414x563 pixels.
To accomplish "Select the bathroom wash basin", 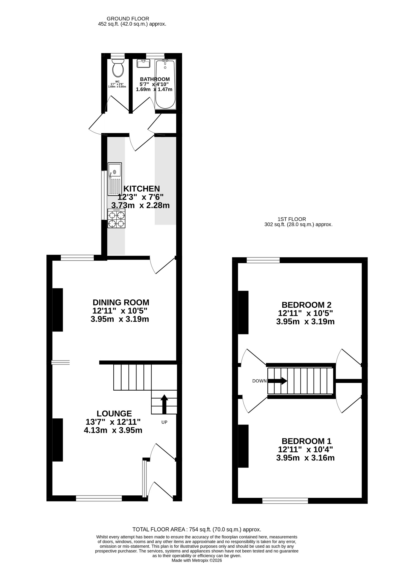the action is [x=143, y=64].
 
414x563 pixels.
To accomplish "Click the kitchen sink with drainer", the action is [x=115, y=179].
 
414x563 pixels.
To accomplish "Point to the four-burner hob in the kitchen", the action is [x=117, y=218].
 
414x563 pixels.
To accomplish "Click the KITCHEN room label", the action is [x=142, y=189].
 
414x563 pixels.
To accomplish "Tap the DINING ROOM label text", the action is [x=121, y=302].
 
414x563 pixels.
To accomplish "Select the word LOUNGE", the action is [x=114, y=413].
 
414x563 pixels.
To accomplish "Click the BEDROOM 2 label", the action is [x=306, y=305].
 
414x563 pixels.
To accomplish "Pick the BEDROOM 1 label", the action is [x=306, y=441].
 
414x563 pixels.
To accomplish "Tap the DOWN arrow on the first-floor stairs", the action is [x=277, y=381].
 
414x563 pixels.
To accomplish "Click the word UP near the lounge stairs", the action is [x=164, y=422].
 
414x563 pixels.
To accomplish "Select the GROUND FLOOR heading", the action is [x=128, y=19].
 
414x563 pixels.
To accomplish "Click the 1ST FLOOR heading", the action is [x=292, y=219].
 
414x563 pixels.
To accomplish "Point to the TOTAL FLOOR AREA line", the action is [x=197, y=529].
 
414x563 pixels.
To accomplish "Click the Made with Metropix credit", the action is [x=197, y=560].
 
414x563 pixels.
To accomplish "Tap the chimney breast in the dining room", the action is [x=58, y=310].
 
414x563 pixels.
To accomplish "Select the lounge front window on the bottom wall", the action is [x=99, y=498].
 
